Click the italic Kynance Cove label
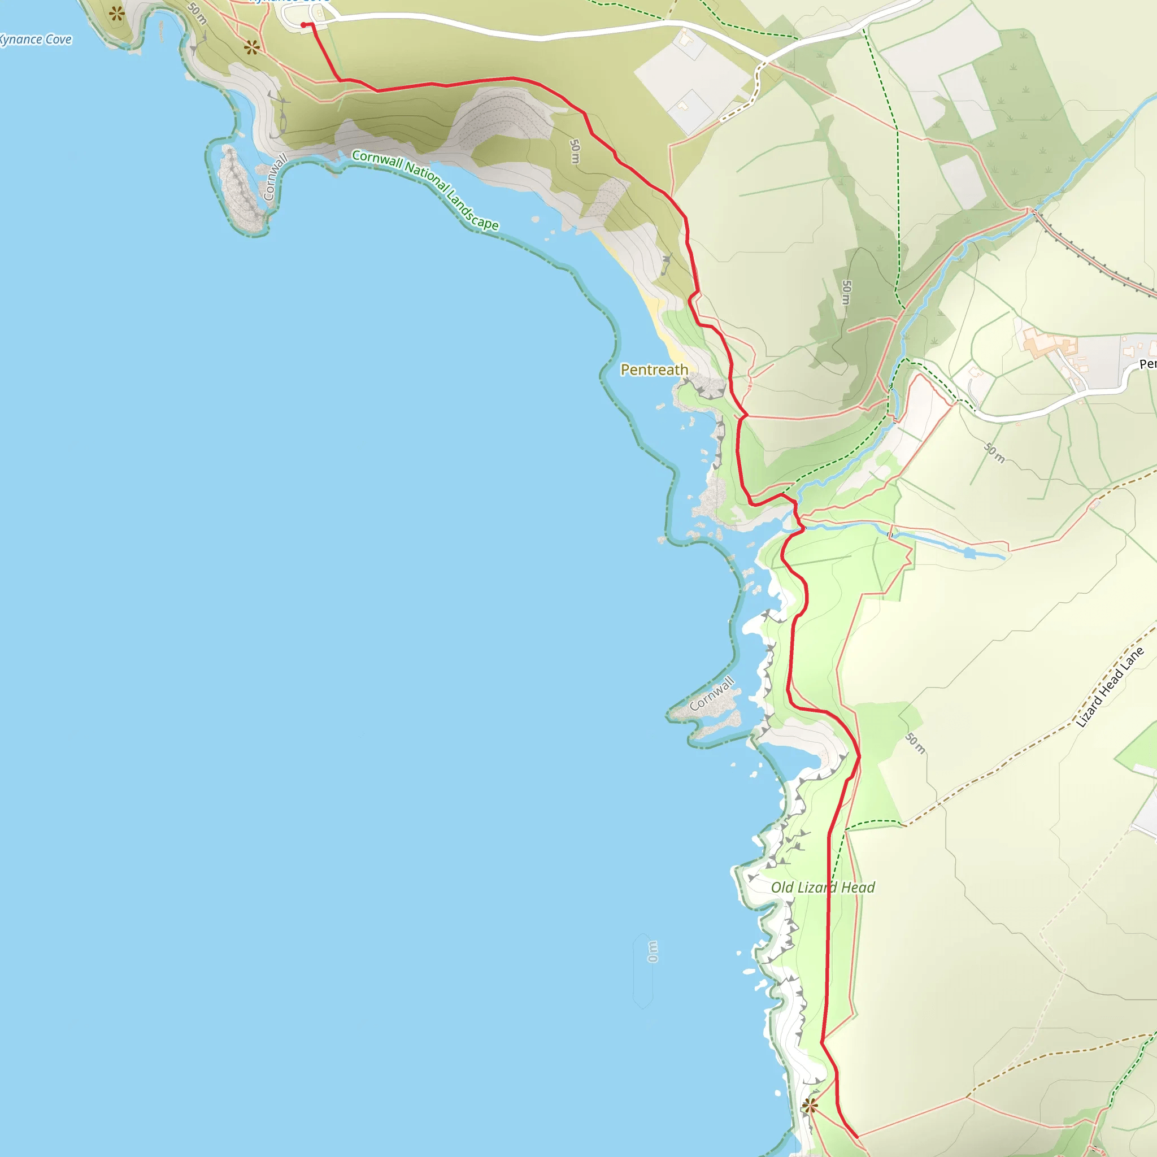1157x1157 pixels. tap(36, 40)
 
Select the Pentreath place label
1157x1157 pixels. tap(654, 369)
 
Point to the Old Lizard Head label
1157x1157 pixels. tap(823, 888)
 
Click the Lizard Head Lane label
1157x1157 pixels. tap(1110, 687)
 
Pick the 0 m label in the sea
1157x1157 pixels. tap(652, 951)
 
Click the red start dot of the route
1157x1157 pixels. tap(303, 24)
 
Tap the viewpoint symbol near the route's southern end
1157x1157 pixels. tap(810, 1106)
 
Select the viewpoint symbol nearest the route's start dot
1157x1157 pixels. tap(251, 47)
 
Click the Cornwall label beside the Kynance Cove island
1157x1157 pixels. tap(276, 177)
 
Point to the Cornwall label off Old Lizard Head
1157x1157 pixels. tap(711, 694)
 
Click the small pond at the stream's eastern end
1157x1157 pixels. tap(969, 553)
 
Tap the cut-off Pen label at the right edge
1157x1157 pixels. tap(1147, 364)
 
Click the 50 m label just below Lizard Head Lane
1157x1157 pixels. tap(915, 743)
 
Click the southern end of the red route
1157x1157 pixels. tap(856, 1137)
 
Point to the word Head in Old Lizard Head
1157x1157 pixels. tap(858, 888)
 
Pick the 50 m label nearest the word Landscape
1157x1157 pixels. tap(575, 151)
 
